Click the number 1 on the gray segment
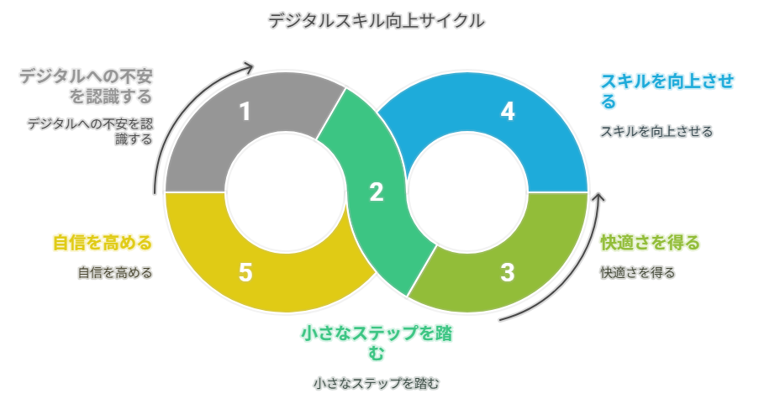click(245, 112)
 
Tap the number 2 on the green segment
click(377, 192)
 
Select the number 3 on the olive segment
click(507, 272)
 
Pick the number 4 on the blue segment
click(507, 112)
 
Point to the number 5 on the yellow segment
click(245, 272)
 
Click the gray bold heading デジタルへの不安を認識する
click(86, 87)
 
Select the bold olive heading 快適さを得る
click(649, 244)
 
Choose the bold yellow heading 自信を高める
click(102, 244)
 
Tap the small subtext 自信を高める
click(114, 272)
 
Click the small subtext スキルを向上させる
click(656, 131)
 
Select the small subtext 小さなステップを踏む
click(377, 383)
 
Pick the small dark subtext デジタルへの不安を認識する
click(91, 131)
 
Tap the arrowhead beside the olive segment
click(598, 198)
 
